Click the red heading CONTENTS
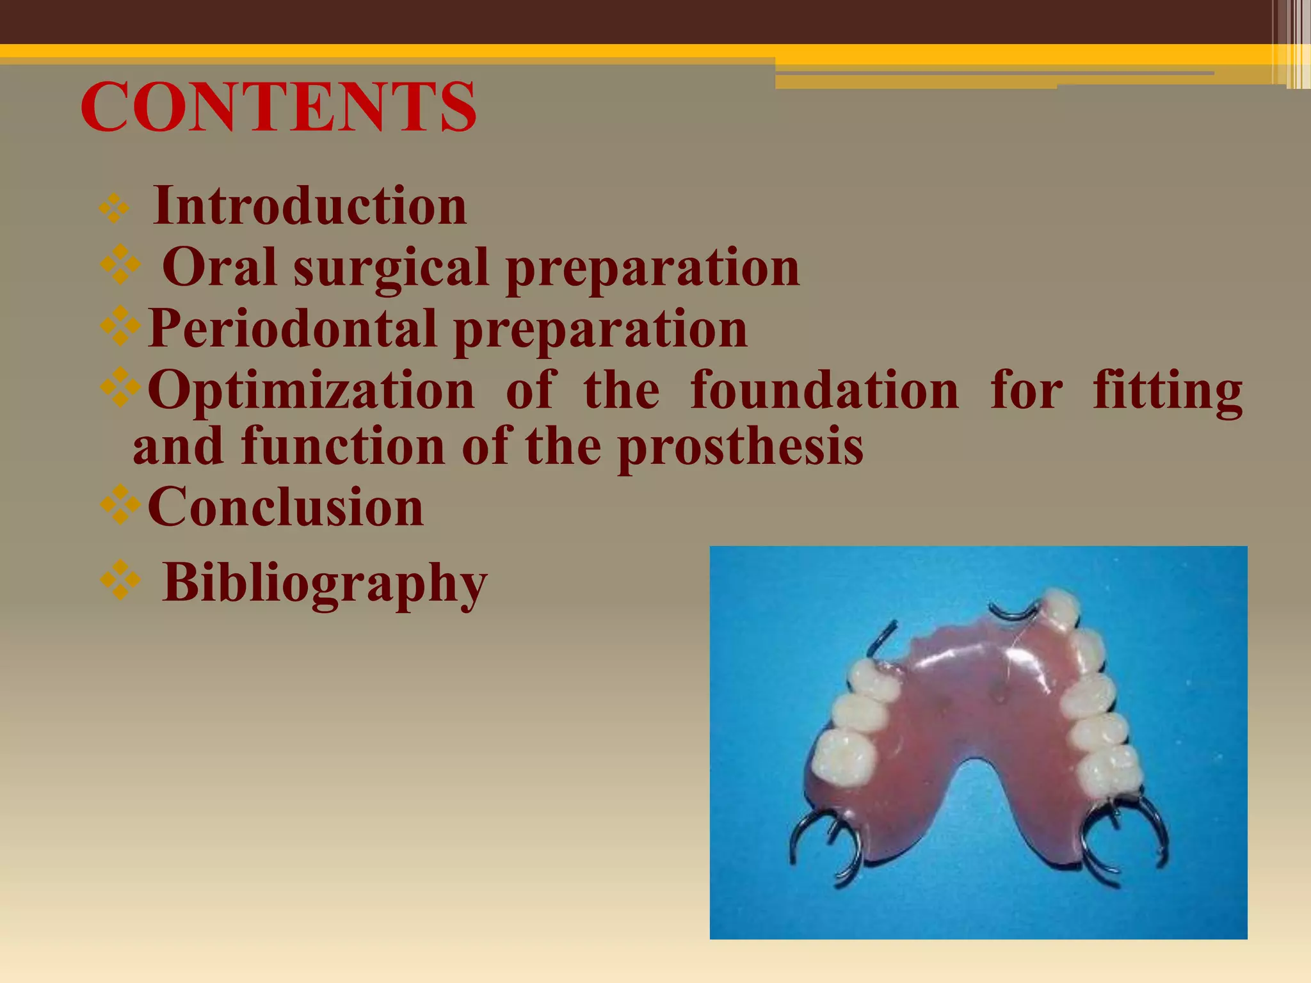pos(278,107)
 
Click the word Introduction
pos(310,205)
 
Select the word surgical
pos(391,268)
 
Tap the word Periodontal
pos(292,328)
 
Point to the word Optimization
pos(311,390)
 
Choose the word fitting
pos(1168,390)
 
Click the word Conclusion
pos(286,507)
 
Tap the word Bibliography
pos(325,583)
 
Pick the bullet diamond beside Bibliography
pos(120,580)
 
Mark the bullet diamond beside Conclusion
pos(120,506)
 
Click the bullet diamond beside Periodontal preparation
pos(120,326)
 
